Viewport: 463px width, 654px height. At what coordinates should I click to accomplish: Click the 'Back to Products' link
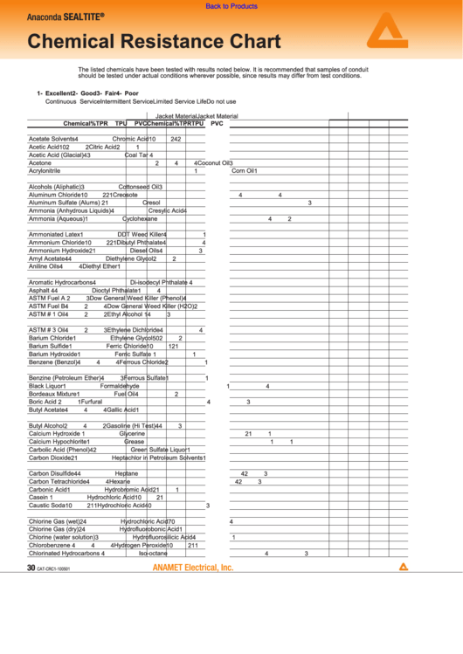click(231, 6)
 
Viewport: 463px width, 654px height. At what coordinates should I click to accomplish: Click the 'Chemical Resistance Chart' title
click(154, 41)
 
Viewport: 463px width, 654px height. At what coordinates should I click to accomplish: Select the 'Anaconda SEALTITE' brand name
click(65, 17)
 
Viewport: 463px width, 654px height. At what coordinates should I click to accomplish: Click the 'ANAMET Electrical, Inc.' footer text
click(193, 568)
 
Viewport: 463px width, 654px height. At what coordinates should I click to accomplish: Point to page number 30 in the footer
click(31, 568)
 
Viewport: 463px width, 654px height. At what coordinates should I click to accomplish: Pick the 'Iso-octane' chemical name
click(153, 553)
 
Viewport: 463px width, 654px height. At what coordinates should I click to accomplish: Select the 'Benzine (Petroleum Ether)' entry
click(65, 378)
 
